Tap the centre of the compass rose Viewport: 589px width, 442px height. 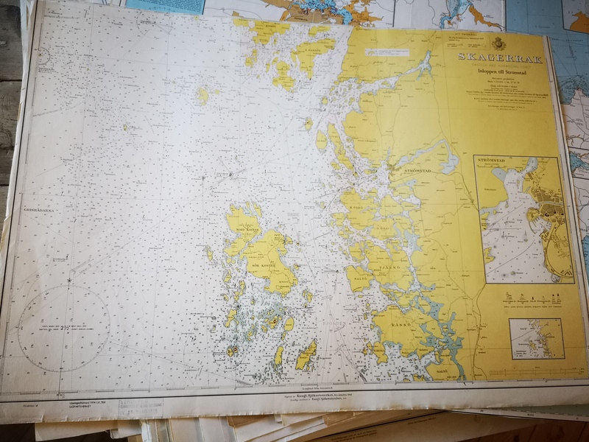pos(65,327)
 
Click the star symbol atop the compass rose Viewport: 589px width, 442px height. pos(69,280)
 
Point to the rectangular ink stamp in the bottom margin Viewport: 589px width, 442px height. pos(140,408)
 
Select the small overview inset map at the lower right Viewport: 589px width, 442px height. pos(535,337)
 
